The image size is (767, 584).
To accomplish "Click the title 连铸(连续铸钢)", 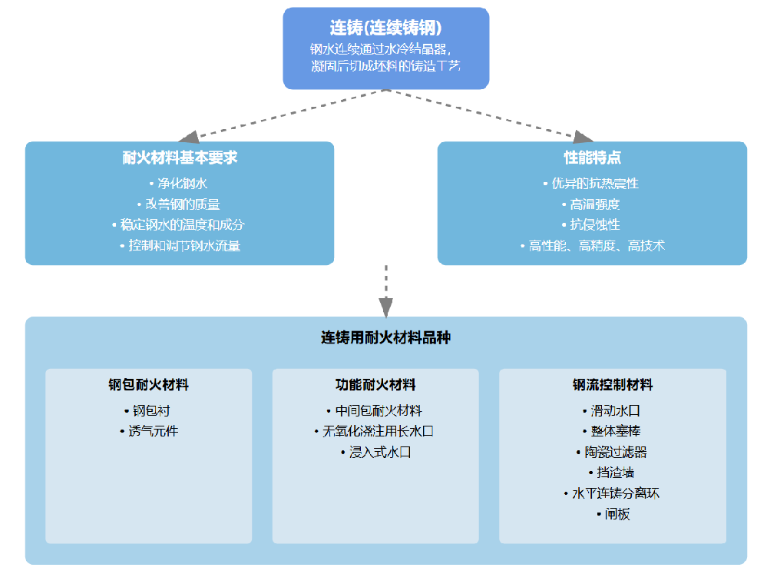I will (385, 28).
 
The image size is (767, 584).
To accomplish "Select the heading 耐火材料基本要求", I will (180, 158).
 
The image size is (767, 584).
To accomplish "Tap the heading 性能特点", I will (592, 158).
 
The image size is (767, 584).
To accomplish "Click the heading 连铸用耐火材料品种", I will (385, 337).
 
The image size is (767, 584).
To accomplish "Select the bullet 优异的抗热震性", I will (592, 184).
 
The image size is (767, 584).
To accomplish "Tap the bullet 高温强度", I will (592, 204).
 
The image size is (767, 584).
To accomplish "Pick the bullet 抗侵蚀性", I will (592, 225).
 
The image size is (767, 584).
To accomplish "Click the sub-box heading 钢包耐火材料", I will (148, 385).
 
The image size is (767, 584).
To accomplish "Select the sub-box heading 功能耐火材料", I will (375, 385).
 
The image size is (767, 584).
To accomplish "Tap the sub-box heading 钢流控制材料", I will (613, 385).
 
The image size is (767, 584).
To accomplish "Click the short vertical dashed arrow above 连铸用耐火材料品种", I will (385, 290).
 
